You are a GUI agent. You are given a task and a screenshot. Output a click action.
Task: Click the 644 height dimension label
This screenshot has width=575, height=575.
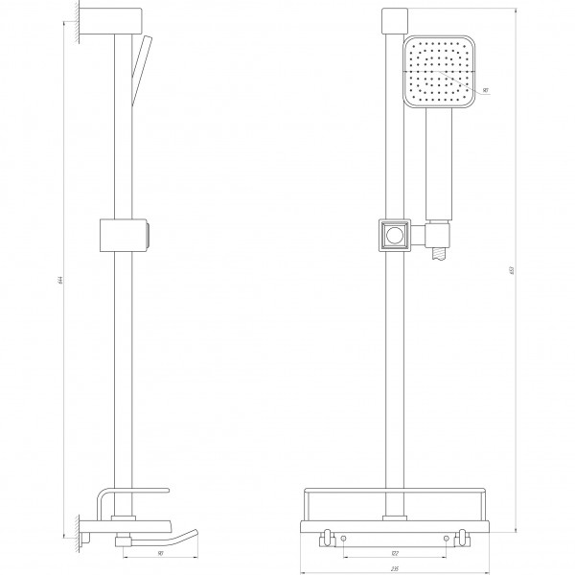click(x=59, y=280)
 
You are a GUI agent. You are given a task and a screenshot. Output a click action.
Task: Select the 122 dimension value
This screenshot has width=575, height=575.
click(x=393, y=553)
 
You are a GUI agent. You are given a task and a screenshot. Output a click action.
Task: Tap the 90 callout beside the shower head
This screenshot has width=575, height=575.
click(x=486, y=89)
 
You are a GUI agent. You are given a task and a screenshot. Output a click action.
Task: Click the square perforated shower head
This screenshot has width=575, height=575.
click(x=440, y=72)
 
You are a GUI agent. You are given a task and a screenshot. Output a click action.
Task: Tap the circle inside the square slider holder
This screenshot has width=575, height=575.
click(x=393, y=235)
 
